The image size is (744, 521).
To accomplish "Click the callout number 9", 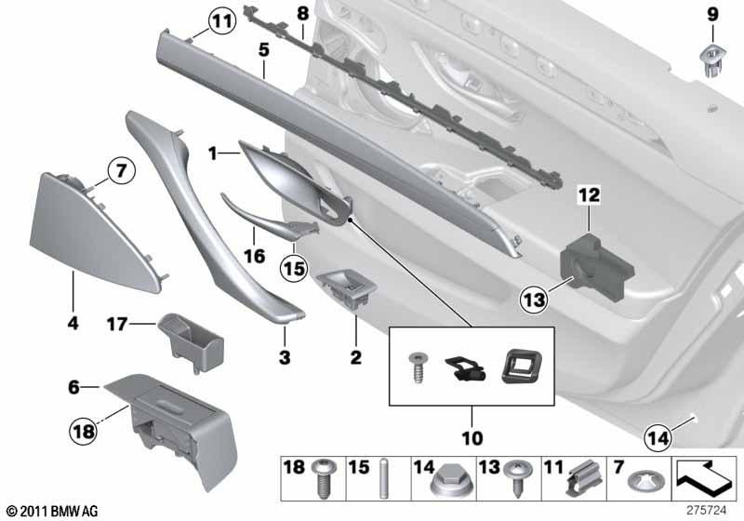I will point(712,14).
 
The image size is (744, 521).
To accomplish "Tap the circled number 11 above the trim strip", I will point(221,20).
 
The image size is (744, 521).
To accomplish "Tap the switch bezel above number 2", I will point(345,287).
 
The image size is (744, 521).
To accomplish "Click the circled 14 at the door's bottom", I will point(658,434).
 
